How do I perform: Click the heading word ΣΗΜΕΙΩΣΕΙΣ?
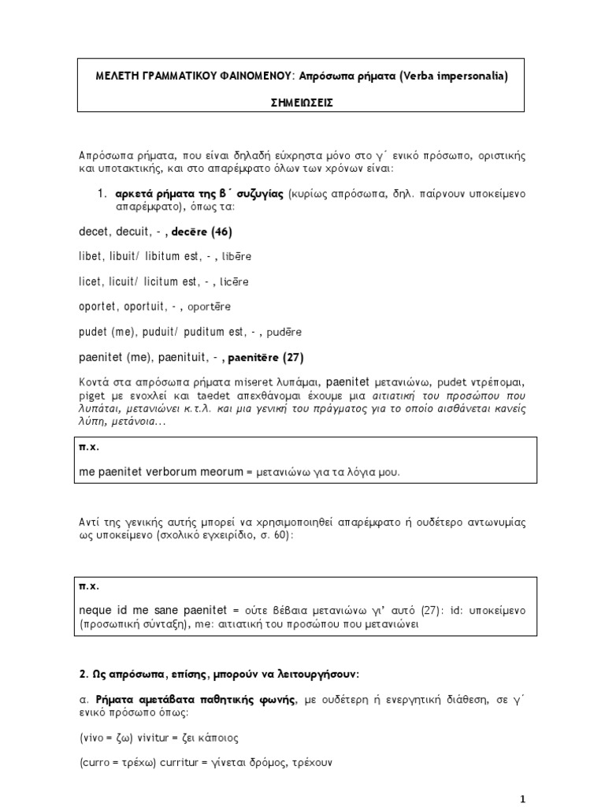pos(302,102)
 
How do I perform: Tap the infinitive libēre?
pos(237,257)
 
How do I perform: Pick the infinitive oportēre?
pos(209,307)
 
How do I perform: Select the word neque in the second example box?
pos(95,611)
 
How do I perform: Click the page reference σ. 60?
pos(276,535)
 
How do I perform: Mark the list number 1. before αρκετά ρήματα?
pos(102,194)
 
